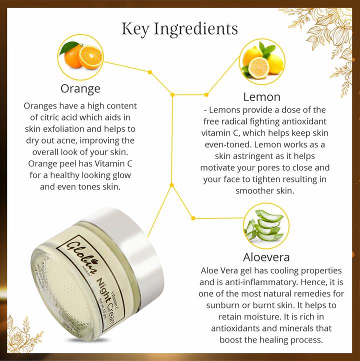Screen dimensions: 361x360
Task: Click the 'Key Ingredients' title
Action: coord(180,29)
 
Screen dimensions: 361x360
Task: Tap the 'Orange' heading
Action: coord(80,89)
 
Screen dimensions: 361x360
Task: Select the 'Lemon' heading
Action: coord(261,96)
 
